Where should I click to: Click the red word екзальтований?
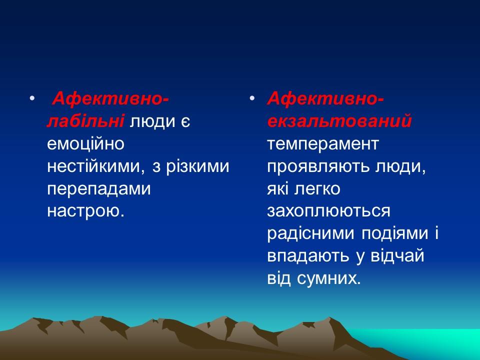click(339, 121)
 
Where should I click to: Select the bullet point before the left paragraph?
click(32, 99)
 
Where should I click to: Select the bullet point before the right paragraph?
click(253, 99)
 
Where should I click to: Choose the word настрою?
click(84, 211)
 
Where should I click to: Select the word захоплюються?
click(328, 211)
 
